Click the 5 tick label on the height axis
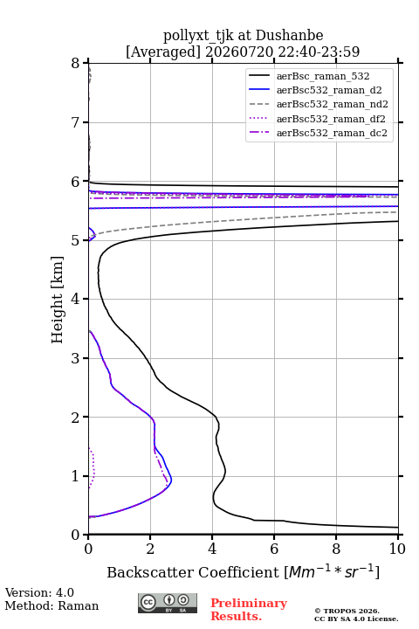[76, 240]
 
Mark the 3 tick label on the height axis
[76, 358]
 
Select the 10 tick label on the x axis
[397, 549]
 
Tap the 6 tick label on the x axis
[274, 549]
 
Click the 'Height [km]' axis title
[58, 300]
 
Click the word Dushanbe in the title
[289, 36]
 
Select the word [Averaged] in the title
[163, 52]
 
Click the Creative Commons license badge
[168, 604]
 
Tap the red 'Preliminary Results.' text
[249, 610]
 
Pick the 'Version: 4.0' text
[39, 592]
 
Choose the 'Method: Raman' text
[52, 605]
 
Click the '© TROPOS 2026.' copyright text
[347, 611]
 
